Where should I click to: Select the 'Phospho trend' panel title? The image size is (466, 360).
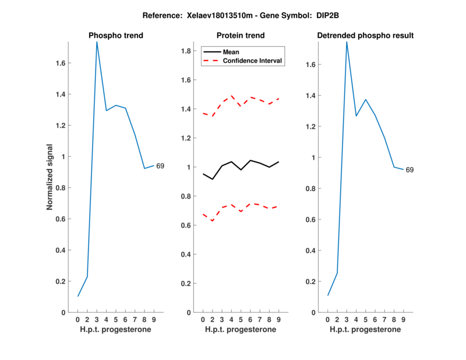116,36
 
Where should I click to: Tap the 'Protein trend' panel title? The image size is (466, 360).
241,36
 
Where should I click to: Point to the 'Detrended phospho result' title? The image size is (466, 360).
365,36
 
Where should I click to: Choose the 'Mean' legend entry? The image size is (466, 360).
231,52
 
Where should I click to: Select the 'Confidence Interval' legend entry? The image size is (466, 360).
253,61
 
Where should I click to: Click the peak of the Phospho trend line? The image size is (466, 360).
97,42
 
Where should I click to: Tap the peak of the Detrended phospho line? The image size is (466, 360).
347,42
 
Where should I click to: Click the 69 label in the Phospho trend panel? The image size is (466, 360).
160,166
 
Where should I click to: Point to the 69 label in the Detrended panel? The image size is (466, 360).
409,170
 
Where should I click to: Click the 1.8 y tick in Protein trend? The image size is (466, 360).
187,51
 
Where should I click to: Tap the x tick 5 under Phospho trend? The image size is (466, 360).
116,319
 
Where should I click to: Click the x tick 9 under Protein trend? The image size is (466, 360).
278,319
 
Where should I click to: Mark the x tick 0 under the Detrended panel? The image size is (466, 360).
327,319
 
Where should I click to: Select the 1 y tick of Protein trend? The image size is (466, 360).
189,167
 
